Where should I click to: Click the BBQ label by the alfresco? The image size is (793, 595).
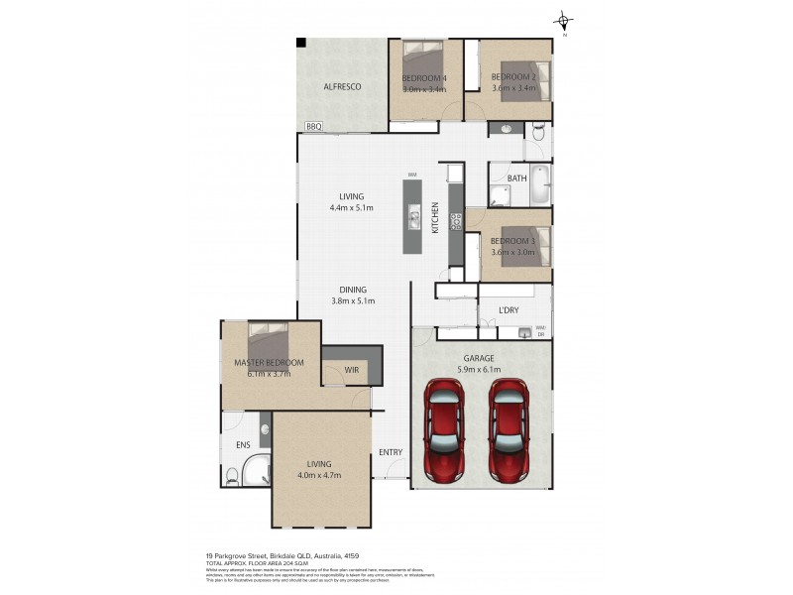pos(314,126)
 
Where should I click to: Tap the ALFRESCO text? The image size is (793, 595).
pos(341,87)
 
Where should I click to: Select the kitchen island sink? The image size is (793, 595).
pos(415,211)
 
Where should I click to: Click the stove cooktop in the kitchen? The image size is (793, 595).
pos(455,223)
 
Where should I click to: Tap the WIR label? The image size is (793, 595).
pos(351,370)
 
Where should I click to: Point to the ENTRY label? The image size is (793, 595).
pos(390,452)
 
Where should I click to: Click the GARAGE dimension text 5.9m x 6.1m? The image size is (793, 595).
pos(479,369)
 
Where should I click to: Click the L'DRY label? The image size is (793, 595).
pos(509,310)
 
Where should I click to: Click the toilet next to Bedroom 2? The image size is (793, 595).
pos(537,132)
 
